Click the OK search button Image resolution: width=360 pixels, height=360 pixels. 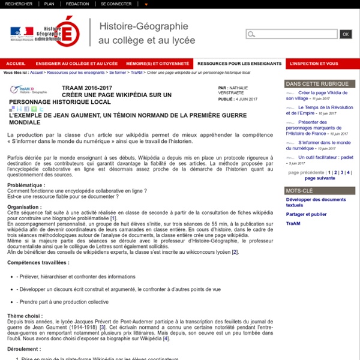click(x=346, y=34)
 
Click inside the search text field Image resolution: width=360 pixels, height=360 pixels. click(x=292, y=34)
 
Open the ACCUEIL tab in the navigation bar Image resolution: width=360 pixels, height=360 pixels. click(x=15, y=63)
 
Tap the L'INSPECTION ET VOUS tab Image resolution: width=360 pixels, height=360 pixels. click(x=313, y=63)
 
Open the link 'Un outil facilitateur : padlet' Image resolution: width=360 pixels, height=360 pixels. click(x=325, y=157)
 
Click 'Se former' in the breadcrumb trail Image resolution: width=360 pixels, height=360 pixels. click(x=118, y=72)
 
